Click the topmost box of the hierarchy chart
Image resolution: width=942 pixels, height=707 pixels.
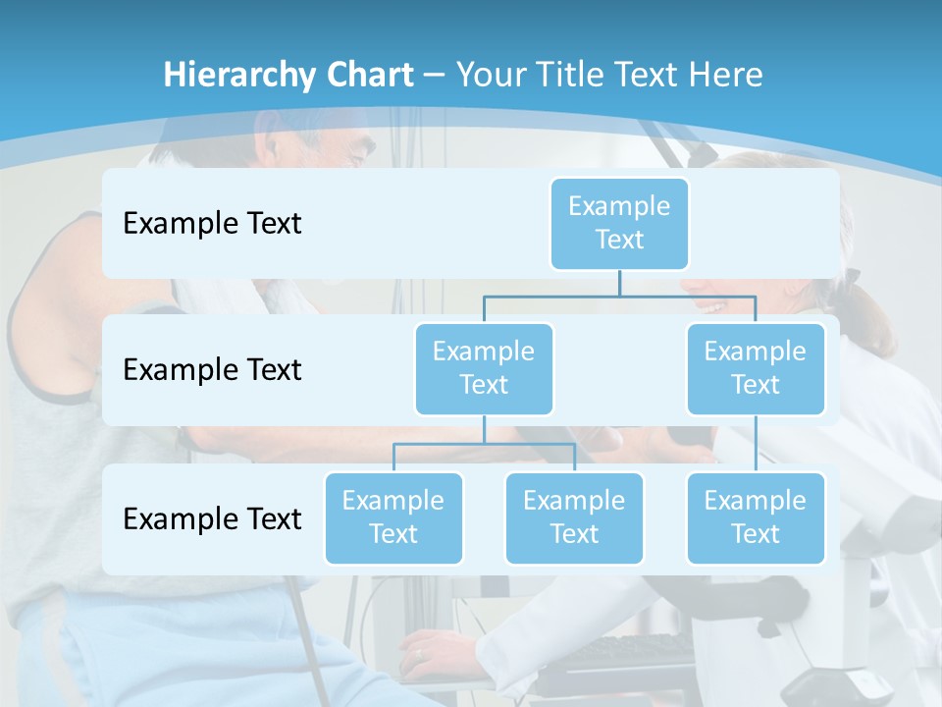click(x=619, y=223)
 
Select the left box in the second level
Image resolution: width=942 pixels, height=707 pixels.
click(x=484, y=368)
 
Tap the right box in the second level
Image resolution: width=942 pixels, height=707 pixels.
click(x=756, y=368)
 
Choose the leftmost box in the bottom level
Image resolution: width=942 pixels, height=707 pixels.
click(x=393, y=517)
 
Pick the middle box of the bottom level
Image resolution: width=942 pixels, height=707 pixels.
click(x=574, y=517)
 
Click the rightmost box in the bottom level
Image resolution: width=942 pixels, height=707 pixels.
click(x=756, y=517)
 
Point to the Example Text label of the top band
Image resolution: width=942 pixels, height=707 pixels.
click(x=212, y=224)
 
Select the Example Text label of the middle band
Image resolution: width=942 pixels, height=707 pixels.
click(x=212, y=370)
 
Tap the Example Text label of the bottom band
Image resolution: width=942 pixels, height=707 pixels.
click(x=212, y=518)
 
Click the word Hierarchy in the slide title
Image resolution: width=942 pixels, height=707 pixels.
click(x=238, y=76)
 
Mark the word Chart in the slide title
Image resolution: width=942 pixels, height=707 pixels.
click(x=368, y=75)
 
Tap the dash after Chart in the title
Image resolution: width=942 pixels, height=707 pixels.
click(x=434, y=75)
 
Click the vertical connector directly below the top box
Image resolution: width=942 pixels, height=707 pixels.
click(x=619, y=283)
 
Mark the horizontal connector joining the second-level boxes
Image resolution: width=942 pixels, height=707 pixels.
click(x=619, y=296)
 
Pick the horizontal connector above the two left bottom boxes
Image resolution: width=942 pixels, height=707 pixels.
click(x=484, y=444)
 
